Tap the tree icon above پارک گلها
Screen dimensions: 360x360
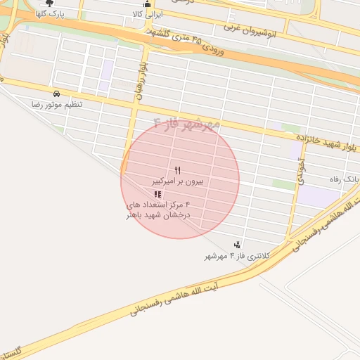click(49, 3)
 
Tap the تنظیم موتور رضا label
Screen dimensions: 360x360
click(56, 104)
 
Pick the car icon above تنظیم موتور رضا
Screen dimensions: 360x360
click(56, 93)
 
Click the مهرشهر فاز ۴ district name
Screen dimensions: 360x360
click(186, 124)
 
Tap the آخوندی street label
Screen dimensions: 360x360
click(301, 171)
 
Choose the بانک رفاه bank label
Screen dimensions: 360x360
click(344, 179)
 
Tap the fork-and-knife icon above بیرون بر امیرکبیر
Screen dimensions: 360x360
click(177, 170)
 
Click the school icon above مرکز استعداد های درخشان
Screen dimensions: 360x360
click(157, 194)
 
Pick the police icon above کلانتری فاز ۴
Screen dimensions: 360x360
click(237, 245)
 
